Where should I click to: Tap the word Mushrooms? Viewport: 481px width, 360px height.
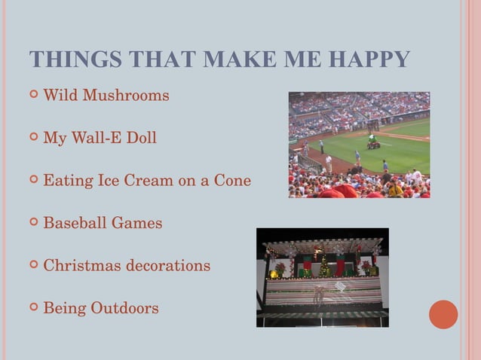click(126, 96)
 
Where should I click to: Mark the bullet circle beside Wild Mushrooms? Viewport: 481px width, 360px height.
click(33, 96)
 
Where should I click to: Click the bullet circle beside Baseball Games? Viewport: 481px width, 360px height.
click(33, 223)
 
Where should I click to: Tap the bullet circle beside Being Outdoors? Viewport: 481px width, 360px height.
click(33, 308)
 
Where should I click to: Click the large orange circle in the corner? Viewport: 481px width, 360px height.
click(443, 314)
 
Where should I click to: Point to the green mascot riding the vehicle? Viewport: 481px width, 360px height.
click(372, 139)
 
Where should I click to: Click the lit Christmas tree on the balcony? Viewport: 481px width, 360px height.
click(325, 267)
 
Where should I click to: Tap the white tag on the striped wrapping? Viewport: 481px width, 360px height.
click(342, 287)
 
